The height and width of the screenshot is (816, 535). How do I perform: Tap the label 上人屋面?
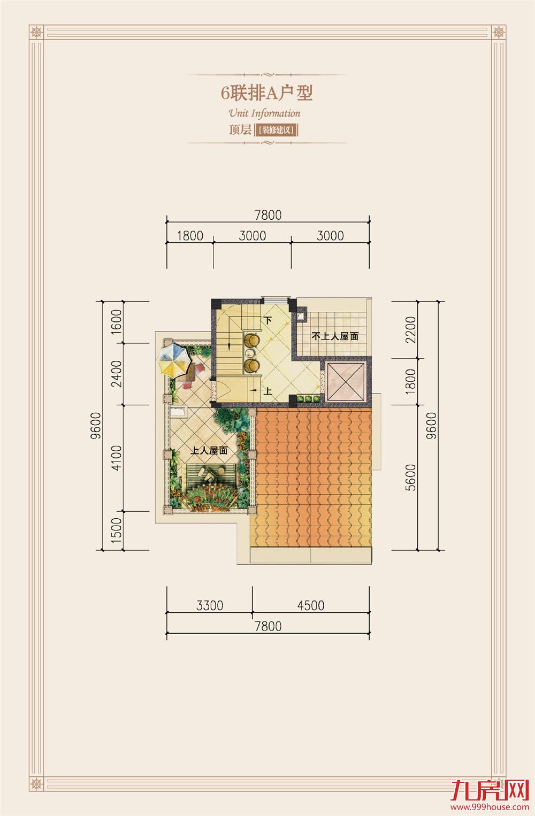(209, 451)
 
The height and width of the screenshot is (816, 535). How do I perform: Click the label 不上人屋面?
(335, 337)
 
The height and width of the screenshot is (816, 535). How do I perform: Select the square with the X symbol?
(345, 383)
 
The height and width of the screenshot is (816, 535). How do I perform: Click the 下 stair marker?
(267, 320)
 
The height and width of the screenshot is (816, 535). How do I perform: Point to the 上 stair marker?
(268, 391)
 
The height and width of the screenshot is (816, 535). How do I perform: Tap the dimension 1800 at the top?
(190, 236)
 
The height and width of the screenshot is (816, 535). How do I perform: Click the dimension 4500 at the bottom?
(310, 605)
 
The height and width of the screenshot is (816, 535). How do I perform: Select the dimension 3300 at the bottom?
(209, 605)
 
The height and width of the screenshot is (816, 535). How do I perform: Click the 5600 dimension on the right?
(410, 477)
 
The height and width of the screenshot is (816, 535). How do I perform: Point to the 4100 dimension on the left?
(117, 458)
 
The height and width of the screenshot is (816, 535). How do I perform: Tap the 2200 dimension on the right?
(410, 330)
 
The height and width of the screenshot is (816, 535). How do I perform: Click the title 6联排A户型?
(267, 93)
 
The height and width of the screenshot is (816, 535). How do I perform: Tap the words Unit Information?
(264, 113)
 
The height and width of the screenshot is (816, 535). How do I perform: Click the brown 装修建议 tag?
(277, 130)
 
